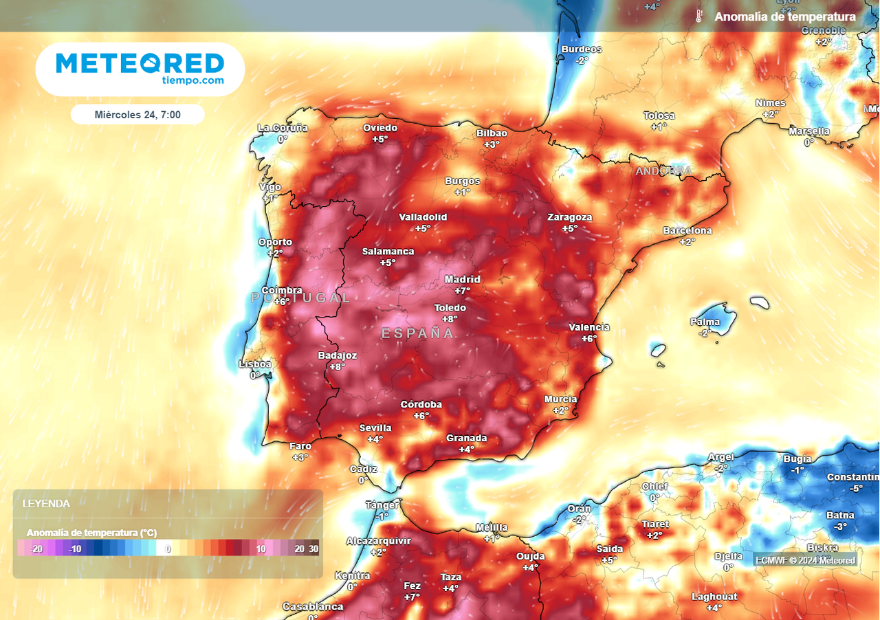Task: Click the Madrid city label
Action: pyautogui.click(x=462, y=279)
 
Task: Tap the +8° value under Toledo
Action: pyautogui.click(x=450, y=319)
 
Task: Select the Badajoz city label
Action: pyautogui.click(x=337, y=355)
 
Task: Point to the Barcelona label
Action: pyautogui.click(x=687, y=230)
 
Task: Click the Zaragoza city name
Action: pyautogui.click(x=569, y=217)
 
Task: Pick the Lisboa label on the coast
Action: pyautogui.click(x=255, y=364)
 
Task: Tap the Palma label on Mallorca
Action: pyautogui.click(x=705, y=322)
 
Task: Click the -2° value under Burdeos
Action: pyautogui.click(x=582, y=60)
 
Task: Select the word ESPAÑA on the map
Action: pyautogui.click(x=417, y=333)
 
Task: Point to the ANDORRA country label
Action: pyautogui.click(x=663, y=170)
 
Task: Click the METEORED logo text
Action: pyautogui.click(x=140, y=63)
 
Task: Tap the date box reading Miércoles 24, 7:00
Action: pyautogui.click(x=137, y=115)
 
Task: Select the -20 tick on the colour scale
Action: pyautogui.click(x=37, y=549)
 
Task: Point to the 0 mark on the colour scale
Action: pyautogui.click(x=168, y=549)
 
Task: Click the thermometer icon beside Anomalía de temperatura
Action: pyautogui.click(x=698, y=16)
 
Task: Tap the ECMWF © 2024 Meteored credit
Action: pyautogui.click(x=805, y=560)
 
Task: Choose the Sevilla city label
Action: pyautogui.click(x=375, y=428)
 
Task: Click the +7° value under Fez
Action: pyautogui.click(x=412, y=597)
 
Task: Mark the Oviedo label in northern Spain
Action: pyautogui.click(x=380, y=128)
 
